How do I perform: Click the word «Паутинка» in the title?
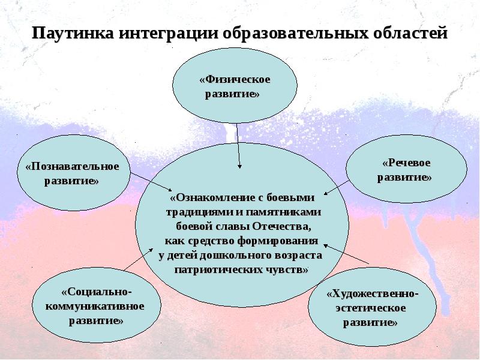coord(71,32)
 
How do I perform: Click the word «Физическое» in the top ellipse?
coord(235,80)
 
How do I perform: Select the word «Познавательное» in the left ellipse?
coord(73,166)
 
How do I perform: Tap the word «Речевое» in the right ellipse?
coord(406,163)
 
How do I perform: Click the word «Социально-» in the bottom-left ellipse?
coord(97,292)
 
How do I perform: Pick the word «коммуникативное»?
coord(95,307)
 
